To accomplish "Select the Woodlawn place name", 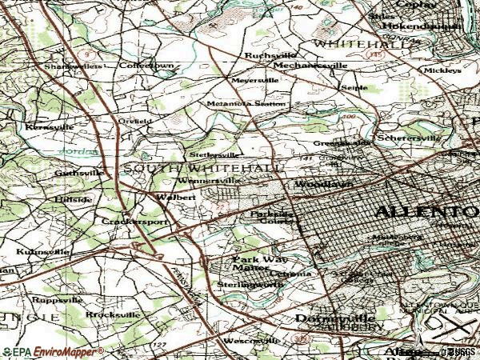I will coord(312,185).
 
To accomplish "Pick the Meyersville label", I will coord(254,81).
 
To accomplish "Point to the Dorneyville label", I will coord(324,317).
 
